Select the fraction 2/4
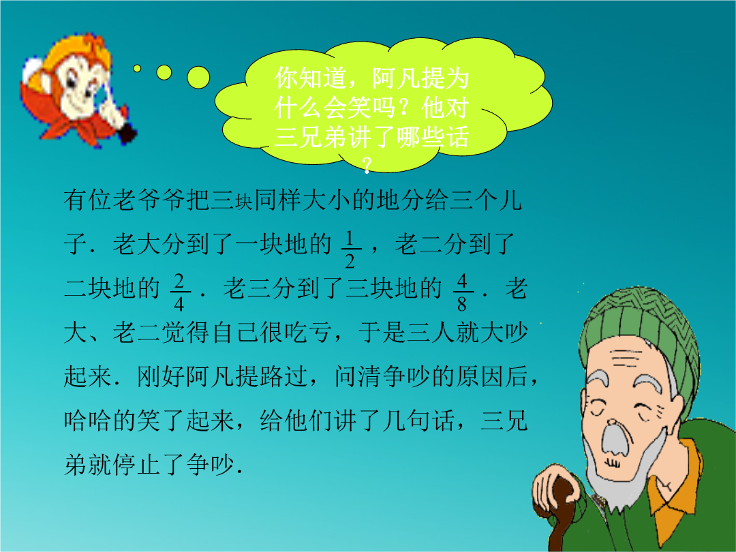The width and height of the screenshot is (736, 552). click(179, 292)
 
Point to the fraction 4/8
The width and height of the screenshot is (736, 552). click(462, 292)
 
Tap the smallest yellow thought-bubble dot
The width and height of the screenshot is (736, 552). click(137, 69)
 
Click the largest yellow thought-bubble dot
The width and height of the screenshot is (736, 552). click(198, 78)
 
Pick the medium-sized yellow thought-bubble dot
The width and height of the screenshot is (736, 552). click(164, 72)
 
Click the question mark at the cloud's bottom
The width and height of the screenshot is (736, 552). click(367, 165)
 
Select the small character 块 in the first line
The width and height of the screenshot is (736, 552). click(244, 203)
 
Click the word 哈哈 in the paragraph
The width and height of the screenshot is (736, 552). click(88, 420)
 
